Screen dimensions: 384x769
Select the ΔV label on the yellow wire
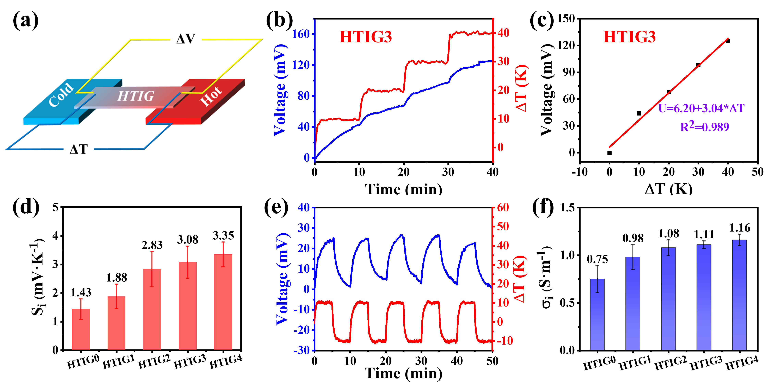coord(186,39)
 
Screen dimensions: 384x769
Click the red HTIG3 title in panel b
coord(366,37)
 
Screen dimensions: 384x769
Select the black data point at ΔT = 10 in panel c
coord(639,113)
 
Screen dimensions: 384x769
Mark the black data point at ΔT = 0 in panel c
coord(610,153)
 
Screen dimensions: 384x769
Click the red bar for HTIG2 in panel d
coord(152,310)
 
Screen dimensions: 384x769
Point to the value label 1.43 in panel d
coord(81,293)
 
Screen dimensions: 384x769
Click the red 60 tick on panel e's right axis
coord(503,208)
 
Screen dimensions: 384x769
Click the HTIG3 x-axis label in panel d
coord(190,362)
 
